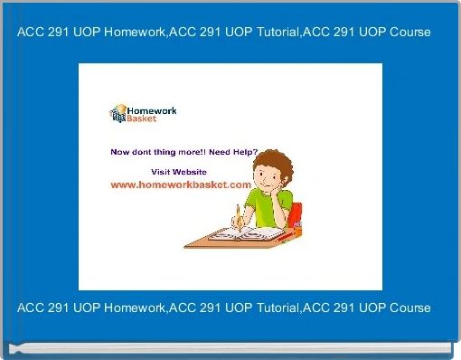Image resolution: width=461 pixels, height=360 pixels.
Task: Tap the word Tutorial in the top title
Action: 257,32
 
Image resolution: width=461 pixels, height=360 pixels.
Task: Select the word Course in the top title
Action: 408,32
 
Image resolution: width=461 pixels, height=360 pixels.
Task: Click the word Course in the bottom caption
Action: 408,308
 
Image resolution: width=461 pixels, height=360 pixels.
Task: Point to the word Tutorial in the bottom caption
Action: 257,308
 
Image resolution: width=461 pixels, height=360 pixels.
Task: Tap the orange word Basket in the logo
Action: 143,119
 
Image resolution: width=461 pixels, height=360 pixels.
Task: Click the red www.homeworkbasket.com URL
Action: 180,184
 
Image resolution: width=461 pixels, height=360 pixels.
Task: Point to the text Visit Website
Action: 178,171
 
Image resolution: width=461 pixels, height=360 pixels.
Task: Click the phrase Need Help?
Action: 236,152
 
